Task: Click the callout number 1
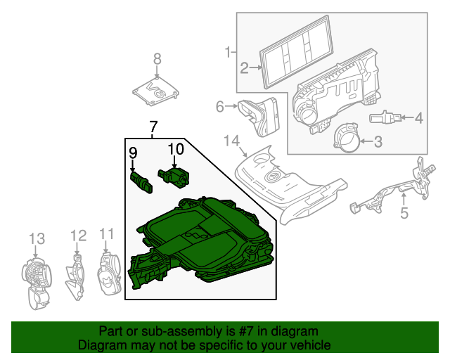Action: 229,51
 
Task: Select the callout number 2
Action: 245,68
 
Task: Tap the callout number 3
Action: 377,143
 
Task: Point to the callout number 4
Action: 418,118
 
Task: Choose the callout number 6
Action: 220,107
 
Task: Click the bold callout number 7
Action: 153,127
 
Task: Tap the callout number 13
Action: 37,240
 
